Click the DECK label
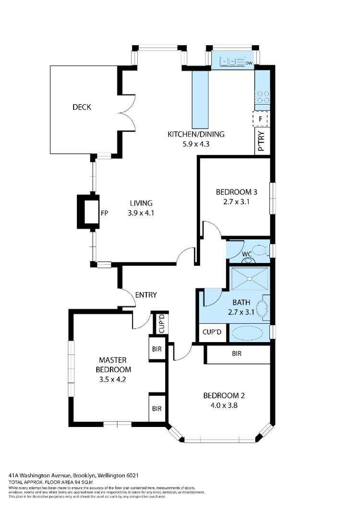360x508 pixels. tap(82, 107)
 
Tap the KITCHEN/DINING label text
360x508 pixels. tap(195, 134)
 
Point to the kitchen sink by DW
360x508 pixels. tap(232, 62)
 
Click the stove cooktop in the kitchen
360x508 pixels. tap(262, 97)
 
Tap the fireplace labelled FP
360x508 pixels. tap(89, 211)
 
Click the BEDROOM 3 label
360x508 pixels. tap(237, 192)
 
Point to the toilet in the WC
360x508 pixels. tap(260, 250)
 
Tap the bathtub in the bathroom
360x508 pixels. tap(250, 332)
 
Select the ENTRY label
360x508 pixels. tap(145, 295)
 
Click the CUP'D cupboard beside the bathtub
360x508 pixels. tap(214, 332)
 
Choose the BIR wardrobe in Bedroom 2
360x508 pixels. tap(236, 354)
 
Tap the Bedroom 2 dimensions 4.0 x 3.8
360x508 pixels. tap(221, 405)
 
